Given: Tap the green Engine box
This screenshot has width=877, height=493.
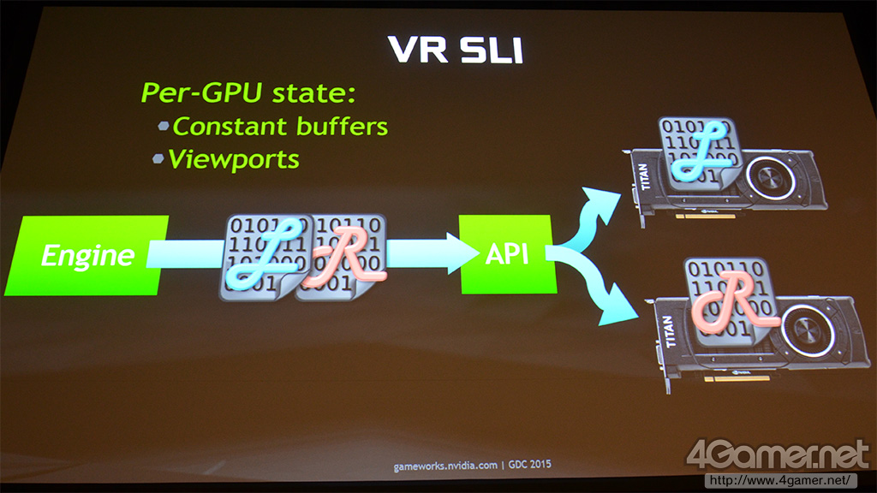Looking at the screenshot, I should pos(87,255).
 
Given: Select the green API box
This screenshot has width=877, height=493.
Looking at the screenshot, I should pos(506,254).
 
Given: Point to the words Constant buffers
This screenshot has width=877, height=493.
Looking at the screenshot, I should pos(280,127).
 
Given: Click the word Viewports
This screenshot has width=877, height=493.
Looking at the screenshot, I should pos(234,159).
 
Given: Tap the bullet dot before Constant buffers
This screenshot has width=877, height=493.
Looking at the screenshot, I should pos(164,126).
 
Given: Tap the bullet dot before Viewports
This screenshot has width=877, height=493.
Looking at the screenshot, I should pos(158,158).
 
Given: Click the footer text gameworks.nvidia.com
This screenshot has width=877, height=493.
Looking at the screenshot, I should pos(445,466).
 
